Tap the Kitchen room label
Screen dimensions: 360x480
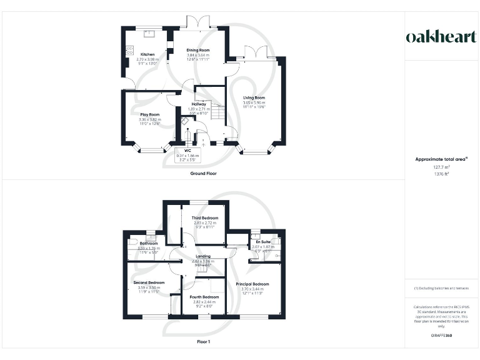(x=147, y=54)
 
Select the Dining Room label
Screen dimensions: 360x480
(x=199, y=50)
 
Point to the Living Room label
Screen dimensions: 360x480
(x=254, y=98)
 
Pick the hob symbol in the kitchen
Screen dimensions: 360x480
(x=130, y=49)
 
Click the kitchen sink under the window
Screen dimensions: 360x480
(x=148, y=31)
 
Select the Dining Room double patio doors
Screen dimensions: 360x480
(x=199, y=22)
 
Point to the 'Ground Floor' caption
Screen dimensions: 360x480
(x=204, y=172)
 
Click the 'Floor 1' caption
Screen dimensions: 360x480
(x=204, y=342)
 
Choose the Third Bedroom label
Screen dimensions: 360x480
(x=204, y=217)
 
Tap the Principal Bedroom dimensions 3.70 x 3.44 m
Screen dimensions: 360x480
(x=252, y=289)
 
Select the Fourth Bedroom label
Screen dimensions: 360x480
(x=204, y=296)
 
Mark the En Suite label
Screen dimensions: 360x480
(x=261, y=241)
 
